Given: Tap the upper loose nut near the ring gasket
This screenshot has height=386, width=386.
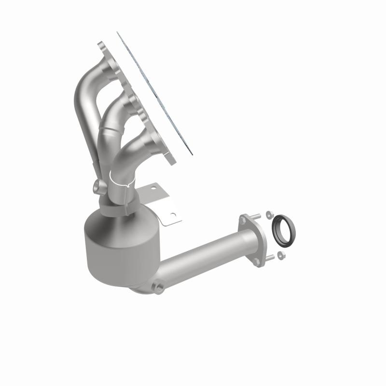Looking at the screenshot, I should click(x=269, y=213).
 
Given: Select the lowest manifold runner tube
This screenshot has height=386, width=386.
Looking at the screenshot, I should click(x=135, y=145).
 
